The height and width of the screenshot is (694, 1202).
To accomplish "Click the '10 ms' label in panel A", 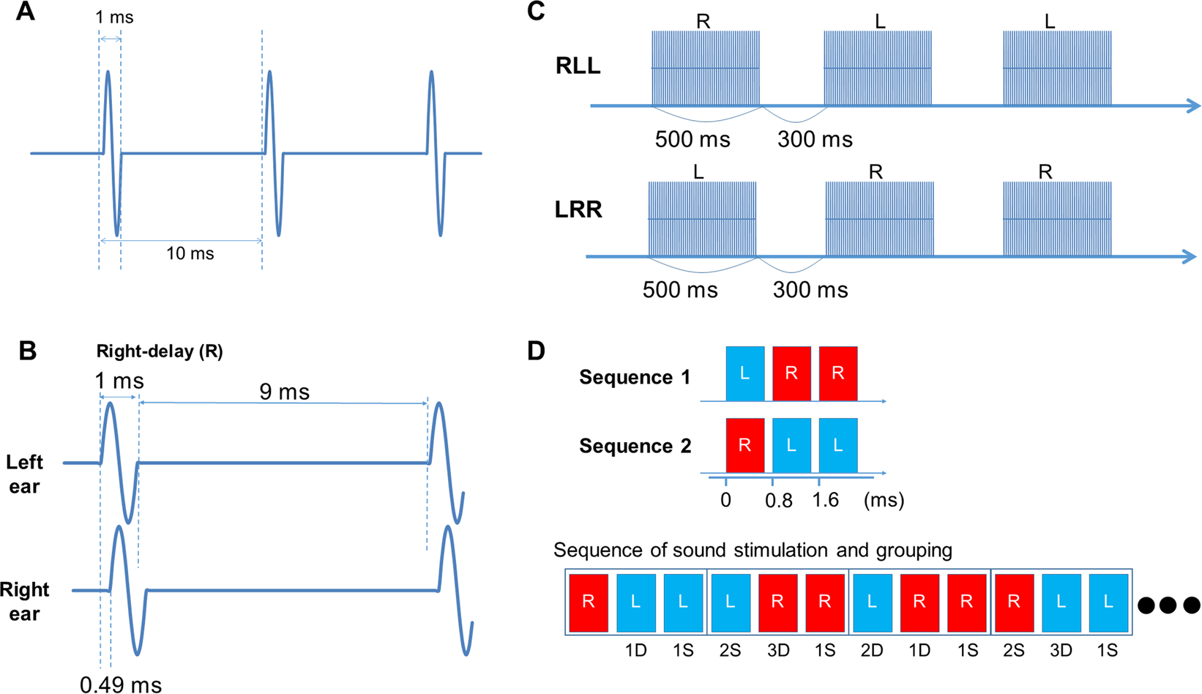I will coord(190,254).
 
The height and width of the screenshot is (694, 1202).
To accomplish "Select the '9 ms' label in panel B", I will coord(284,392).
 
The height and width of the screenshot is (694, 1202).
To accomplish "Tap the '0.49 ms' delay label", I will coord(121,684).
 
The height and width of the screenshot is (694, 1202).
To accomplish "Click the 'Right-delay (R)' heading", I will coord(160,351).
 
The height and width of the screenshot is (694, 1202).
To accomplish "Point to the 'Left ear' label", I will coord(25,474).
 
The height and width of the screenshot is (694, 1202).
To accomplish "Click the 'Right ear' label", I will coord(25,601).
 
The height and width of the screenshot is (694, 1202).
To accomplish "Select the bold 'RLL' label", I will coord(578,66).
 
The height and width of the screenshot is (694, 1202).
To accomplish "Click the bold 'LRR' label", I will coord(578,209).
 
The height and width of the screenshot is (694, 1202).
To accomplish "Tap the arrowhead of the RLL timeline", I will coord(1193,106).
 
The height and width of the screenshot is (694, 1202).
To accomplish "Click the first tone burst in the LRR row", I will coord(702,219).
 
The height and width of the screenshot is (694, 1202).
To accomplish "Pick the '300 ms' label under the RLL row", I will coord(815,139).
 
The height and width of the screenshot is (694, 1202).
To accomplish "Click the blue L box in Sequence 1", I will coord(744,373).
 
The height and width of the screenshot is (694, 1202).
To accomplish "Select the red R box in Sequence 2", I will coord(744,445).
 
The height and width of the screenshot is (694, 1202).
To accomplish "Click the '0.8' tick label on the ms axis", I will coord(778,501).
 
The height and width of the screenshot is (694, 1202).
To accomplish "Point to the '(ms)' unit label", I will coord(884,501).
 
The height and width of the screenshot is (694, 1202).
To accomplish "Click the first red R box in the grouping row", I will coord(588,602).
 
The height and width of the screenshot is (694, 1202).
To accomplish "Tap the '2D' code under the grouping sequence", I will coord(872,650).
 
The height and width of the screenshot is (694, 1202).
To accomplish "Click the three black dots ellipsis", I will coord(1168,605).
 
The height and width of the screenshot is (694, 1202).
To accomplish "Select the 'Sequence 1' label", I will coord(634,377).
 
